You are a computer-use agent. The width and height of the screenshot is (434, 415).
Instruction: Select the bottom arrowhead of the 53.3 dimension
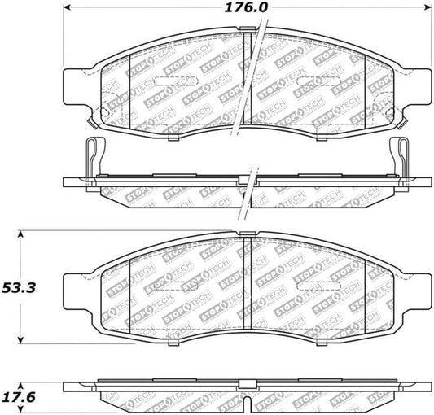click(x=21, y=341)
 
